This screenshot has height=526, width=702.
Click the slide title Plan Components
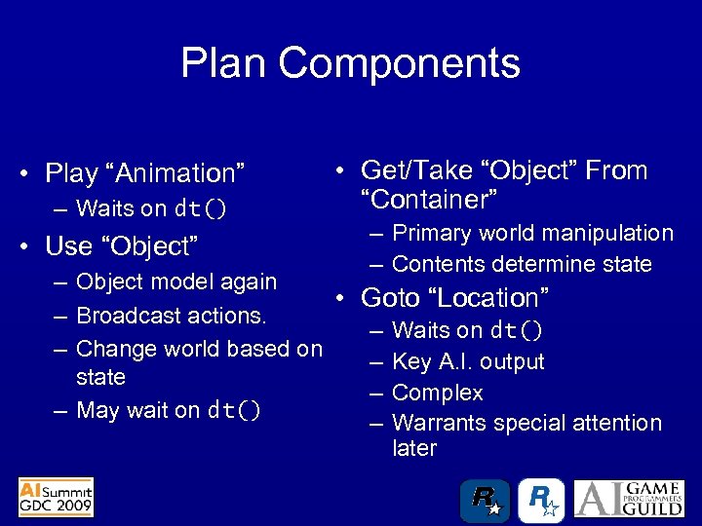coord(350,64)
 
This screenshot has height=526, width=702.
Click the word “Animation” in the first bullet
coord(184,173)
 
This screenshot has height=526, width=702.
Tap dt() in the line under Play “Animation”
coord(201,208)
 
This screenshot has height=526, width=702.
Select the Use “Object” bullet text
coord(122,245)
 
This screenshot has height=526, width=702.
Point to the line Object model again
coord(176,282)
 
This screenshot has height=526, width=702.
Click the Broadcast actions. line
coord(172,316)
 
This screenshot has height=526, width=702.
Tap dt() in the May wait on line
coord(234,410)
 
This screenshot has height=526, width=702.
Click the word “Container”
coord(429,200)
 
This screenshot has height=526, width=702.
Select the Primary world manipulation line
coord(532,233)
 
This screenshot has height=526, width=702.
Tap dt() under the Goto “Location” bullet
coord(517,330)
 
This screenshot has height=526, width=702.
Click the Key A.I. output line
coord(468,361)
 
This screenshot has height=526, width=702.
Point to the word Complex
coord(438,393)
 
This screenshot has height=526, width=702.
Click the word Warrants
coord(439,423)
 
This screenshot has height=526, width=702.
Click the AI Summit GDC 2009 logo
coord(56,497)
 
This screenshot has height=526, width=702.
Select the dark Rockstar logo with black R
coord(485,500)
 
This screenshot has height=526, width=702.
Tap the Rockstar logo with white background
coord(541,500)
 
